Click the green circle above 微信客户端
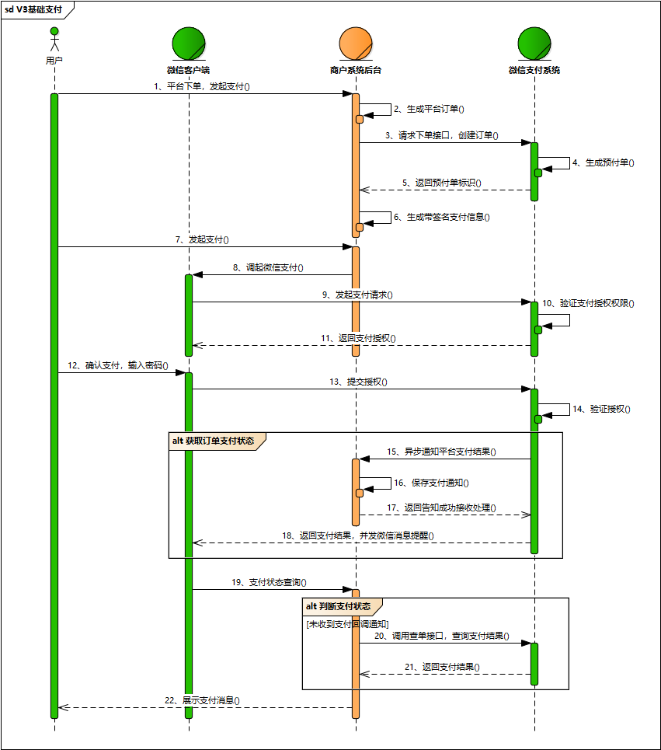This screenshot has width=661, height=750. (x=189, y=42)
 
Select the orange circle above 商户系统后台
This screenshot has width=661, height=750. (x=355, y=42)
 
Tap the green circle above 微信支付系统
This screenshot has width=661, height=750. (x=534, y=42)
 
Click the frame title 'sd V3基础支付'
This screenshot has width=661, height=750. (x=36, y=10)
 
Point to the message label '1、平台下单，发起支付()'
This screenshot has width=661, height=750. (x=201, y=87)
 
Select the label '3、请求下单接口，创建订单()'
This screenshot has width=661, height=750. (x=441, y=135)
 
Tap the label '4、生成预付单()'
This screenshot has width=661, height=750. (x=603, y=163)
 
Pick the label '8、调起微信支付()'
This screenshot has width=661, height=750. (x=268, y=267)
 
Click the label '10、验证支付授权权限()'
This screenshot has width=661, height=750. (x=588, y=303)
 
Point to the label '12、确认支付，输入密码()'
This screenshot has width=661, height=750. (x=117, y=365)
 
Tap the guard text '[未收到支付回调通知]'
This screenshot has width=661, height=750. (x=346, y=624)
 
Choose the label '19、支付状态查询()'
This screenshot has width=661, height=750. (x=268, y=582)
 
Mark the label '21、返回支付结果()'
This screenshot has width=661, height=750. (x=441, y=667)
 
